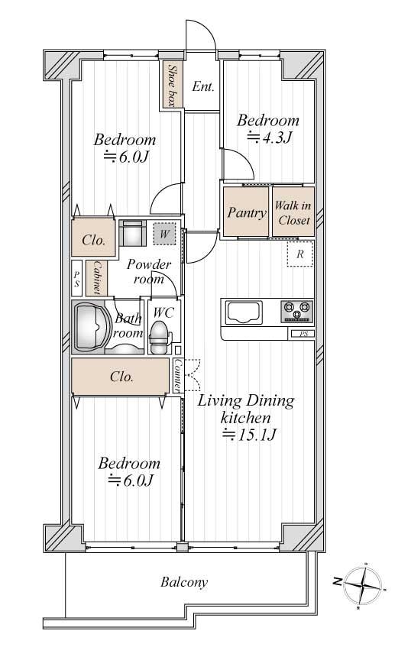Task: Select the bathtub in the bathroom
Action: click(91, 328)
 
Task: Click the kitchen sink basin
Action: click(244, 312)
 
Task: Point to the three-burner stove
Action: click(297, 312)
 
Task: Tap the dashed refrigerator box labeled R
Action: click(300, 254)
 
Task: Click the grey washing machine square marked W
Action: click(165, 234)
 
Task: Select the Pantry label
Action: click(247, 212)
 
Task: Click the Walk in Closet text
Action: click(293, 212)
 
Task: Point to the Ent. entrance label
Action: click(203, 86)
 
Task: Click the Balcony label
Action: click(184, 582)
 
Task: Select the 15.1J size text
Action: click(249, 435)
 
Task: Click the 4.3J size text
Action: click(270, 137)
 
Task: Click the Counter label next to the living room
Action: click(177, 376)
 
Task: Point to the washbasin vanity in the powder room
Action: click(132, 233)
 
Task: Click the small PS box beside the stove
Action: click(303, 334)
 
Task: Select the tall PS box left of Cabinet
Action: click(76, 278)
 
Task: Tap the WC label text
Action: click(163, 312)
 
